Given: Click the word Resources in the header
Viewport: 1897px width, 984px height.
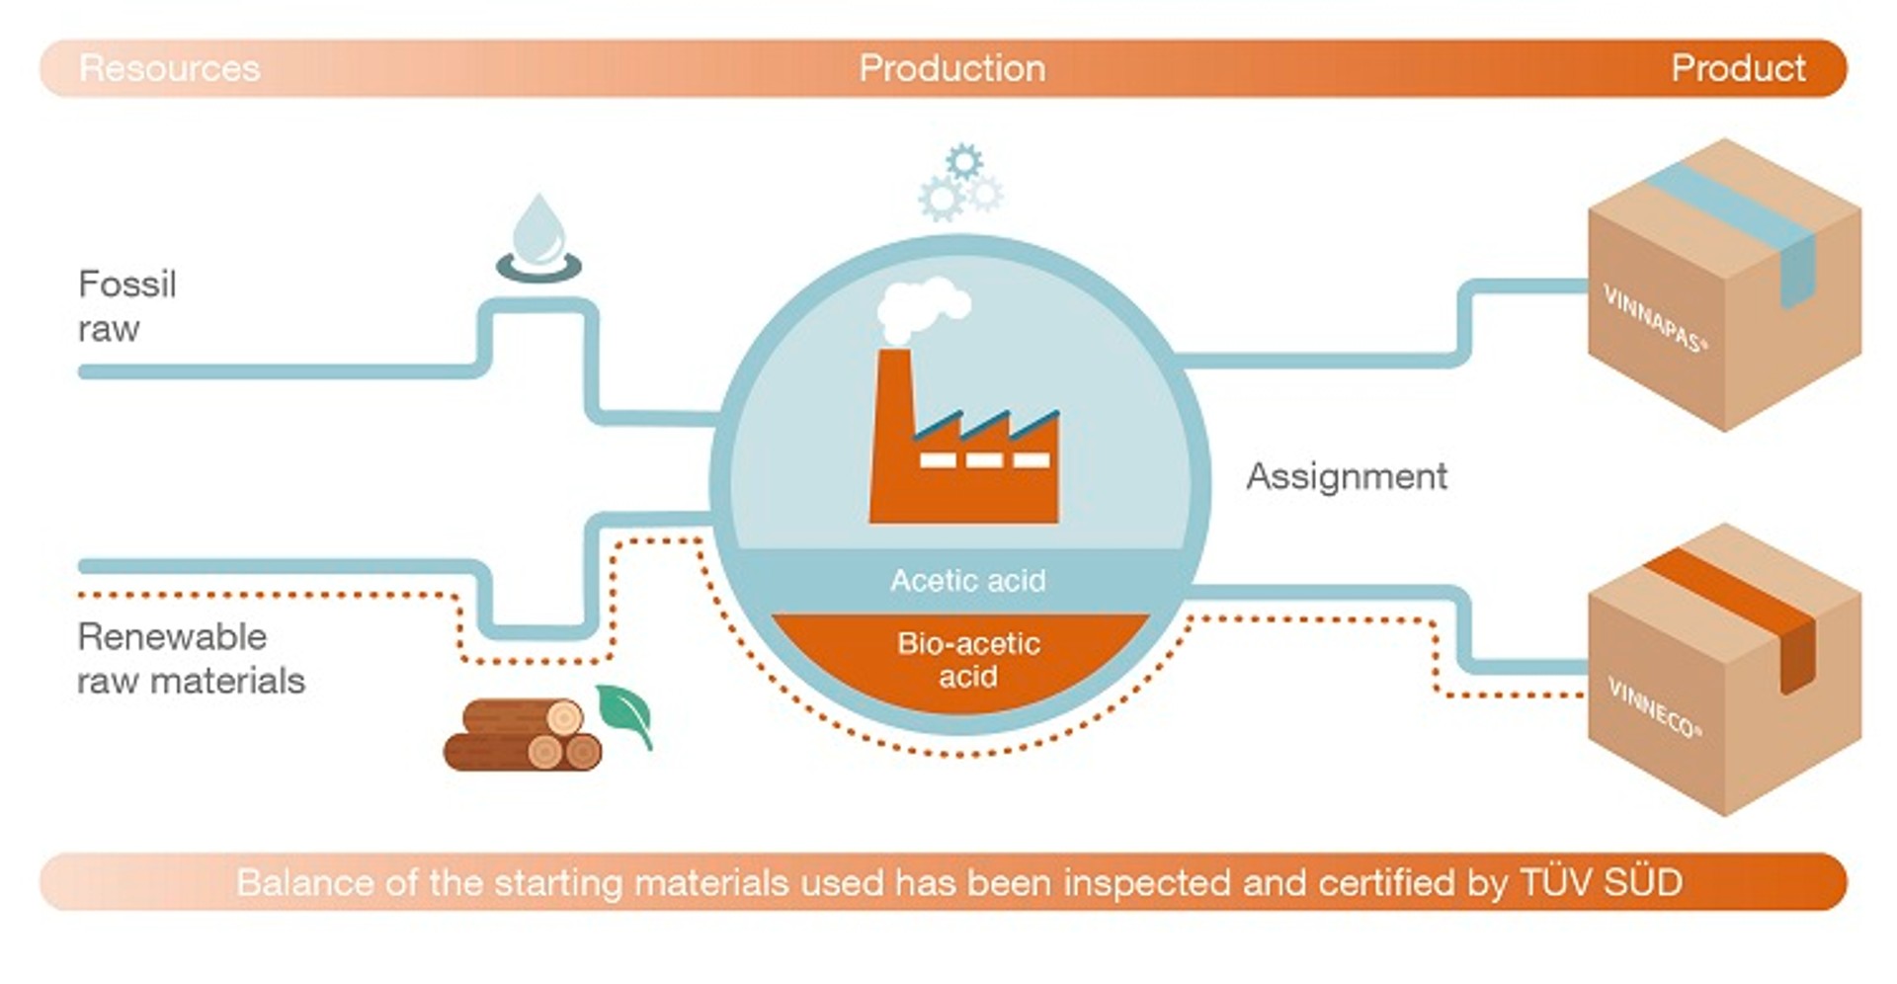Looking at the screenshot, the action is (169, 68).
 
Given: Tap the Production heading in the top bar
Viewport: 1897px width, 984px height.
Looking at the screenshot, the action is (951, 68).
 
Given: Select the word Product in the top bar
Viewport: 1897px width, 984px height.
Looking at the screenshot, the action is (1738, 68).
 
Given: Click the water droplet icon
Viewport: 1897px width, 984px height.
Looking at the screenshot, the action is (538, 238).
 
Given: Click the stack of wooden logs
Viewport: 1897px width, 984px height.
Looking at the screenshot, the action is (524, 735).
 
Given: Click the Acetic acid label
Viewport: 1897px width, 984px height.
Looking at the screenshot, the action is (967, 580).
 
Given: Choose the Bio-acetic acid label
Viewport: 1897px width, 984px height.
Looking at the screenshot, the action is (968, 660).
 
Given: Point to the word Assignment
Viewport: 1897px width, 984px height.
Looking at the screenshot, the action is (1347, 476).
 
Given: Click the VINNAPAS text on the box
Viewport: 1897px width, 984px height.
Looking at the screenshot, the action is (1654, 318).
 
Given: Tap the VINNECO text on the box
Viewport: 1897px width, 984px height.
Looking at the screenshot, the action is (1654, 706).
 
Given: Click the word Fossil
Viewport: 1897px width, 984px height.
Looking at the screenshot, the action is (126, 285).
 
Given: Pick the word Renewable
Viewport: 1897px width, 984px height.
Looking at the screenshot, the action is (172, 637).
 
